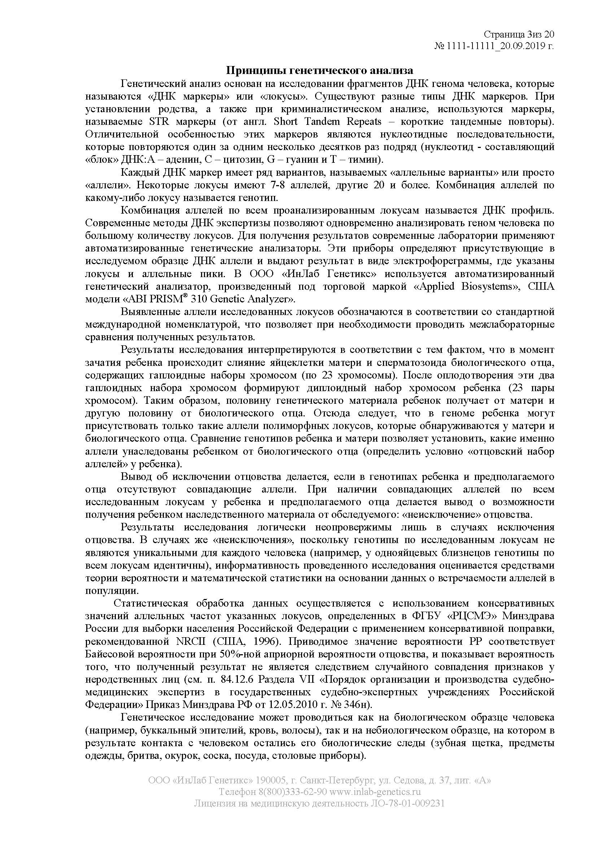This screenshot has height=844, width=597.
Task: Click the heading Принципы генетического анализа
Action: click(319, 70)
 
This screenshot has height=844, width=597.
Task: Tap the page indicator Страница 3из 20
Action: click(519, 35)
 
